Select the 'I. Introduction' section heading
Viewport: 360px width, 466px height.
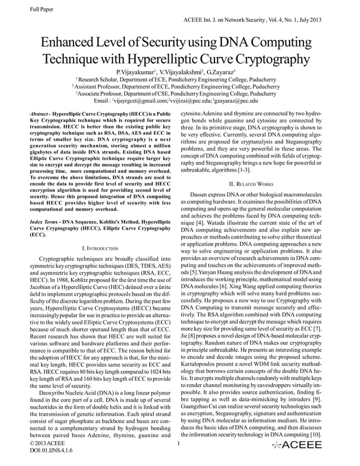[x=100, y=248]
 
